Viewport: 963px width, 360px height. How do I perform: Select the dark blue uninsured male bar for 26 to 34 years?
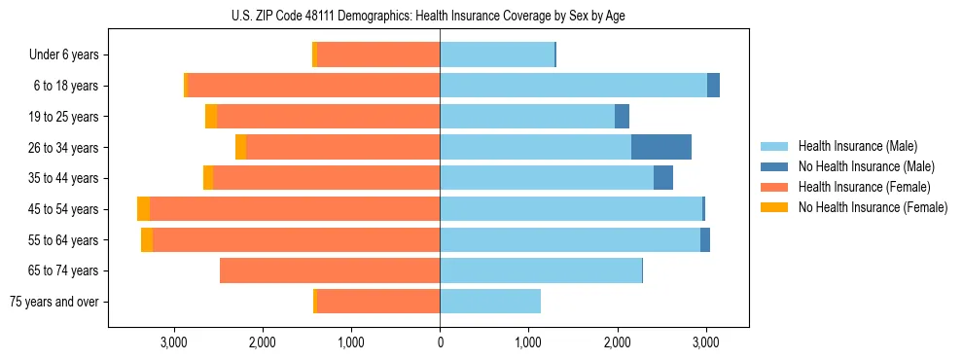coord(661,147)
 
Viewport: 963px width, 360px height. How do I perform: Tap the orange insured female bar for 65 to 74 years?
coord(330,270)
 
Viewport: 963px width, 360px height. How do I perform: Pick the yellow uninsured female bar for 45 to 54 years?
coord(143,209)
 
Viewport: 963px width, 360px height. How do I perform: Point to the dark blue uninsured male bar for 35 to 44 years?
coord(663,178)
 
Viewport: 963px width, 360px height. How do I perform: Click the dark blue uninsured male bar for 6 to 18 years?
coord(713,86)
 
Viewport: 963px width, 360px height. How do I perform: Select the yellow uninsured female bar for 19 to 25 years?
coord(211,117)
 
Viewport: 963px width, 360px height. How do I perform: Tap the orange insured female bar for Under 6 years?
coord(378,54)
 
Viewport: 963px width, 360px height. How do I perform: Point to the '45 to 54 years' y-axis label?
coord(65,209)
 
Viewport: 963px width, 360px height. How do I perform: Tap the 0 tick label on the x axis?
coord(440,342)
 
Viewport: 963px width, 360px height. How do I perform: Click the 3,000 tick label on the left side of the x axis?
coord(174,342)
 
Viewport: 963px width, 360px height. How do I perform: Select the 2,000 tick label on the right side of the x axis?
coord(617,342)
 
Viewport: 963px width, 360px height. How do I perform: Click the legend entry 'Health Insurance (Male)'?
coord(852,146)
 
